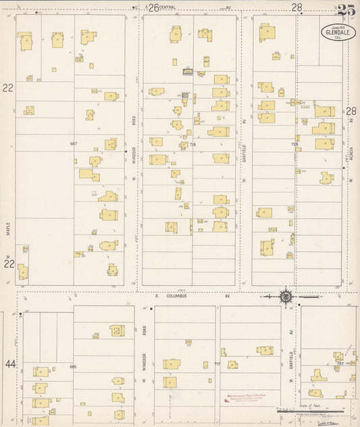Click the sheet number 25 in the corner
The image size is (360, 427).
point(346,9)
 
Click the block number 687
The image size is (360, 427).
point(74,144)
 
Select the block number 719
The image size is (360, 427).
point(192,145)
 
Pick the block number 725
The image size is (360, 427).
point(294,145)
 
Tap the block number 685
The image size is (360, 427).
point(74,366)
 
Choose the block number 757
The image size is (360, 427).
point(340,364)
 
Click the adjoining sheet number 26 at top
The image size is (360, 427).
point(153,7)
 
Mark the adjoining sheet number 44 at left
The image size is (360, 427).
point(10,364)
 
